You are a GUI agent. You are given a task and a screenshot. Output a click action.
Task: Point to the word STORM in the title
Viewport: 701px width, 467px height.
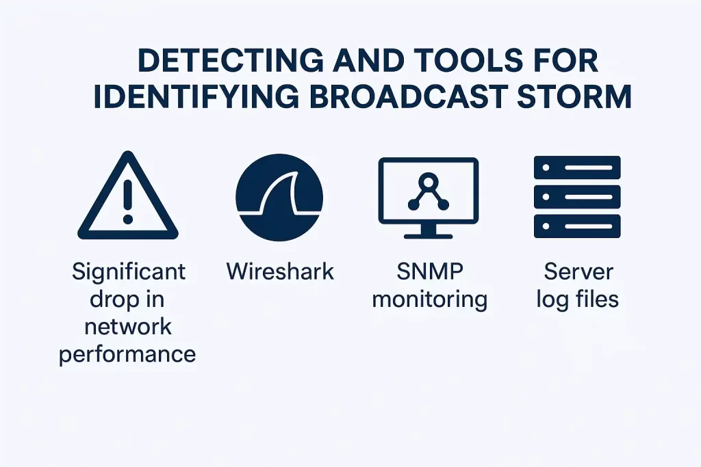tap(574, 96)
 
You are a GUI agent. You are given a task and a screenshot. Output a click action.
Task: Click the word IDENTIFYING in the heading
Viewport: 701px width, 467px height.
tap(196, 96)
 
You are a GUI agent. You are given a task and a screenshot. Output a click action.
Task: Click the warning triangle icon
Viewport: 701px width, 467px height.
tap(128, 196)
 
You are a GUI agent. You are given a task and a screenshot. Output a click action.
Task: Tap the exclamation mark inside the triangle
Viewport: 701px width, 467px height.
tap(128, 201)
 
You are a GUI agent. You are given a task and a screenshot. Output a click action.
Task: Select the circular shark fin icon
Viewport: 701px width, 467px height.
tap(279, 198)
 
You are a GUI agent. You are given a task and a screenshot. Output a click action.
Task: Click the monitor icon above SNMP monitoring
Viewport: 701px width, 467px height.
tap(429, 198)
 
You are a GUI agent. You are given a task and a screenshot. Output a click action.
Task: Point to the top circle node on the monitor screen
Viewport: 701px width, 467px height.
tap(429, 181)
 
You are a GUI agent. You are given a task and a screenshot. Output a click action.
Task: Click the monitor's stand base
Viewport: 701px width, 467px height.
tap(429, 235)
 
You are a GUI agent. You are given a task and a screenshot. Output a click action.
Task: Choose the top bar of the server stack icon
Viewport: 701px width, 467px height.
tap(577, 168)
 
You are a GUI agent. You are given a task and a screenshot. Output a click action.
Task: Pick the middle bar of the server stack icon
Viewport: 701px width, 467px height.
tap(577, 197)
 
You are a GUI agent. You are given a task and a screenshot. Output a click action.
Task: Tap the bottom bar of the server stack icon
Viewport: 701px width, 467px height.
tap(577, 226)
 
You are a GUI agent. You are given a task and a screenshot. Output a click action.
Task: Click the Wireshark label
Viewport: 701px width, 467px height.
tap(280, 271)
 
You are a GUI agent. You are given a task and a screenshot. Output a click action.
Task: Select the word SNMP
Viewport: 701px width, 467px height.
tap(430, 271)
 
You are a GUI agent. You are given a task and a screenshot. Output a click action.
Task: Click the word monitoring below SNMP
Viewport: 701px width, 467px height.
tap(430, 300)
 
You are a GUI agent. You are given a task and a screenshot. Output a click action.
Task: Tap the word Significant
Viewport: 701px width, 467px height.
tap(128, 272)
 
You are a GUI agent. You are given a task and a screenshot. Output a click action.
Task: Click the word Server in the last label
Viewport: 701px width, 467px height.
tap(578, 271)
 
